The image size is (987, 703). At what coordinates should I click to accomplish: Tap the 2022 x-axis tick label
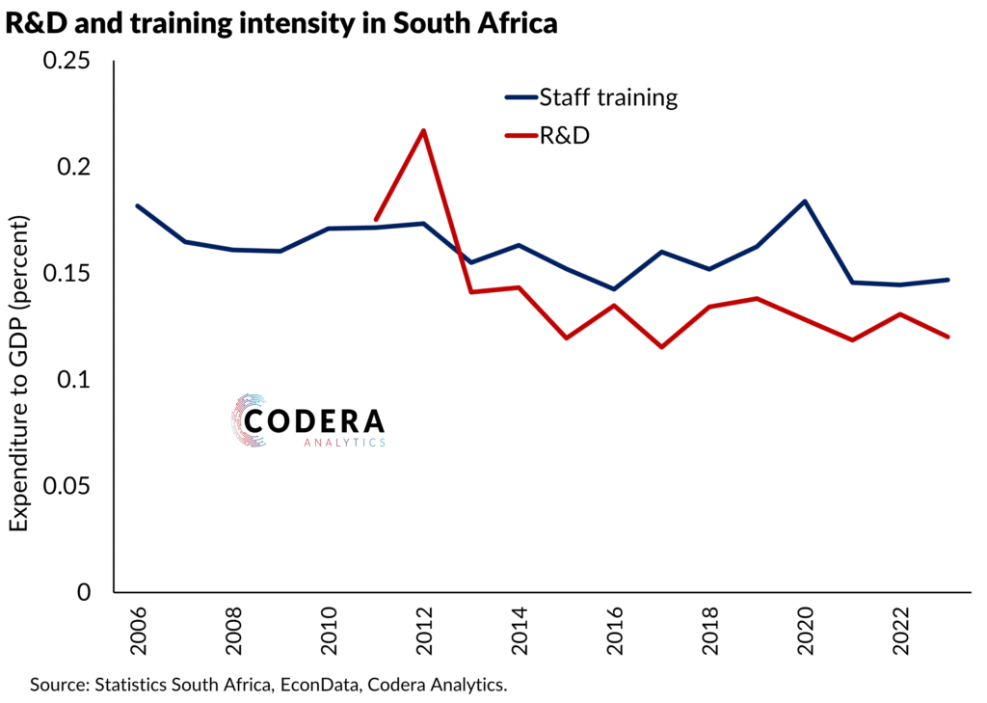pyautogui.click(x=900, y=633)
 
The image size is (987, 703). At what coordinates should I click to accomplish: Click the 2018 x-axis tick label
pyautogui.click(x=709, y=633)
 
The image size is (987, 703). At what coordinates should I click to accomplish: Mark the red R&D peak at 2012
pyautogui.click(x=423, y=130)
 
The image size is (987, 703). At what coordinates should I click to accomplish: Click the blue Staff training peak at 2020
pyautogui.click(x=805, y=202)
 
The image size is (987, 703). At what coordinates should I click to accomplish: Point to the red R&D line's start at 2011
pyautogui.click(x=376, y=220)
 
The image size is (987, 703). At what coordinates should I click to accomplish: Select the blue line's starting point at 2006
pyautogui.click(x=138, y=205)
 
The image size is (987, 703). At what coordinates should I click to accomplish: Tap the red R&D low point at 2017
pyautogui.click(x=662, y=346)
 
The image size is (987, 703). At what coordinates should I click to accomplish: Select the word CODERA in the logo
pyautogui.click(x=314, y=421)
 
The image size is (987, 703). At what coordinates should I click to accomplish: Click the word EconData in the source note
pyautogui.click(x=331, y=686)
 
